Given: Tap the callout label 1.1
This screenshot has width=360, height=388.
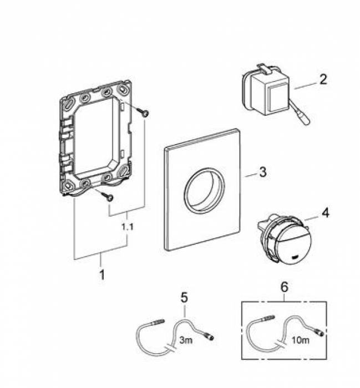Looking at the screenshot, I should pyautogui.click(x=128, y=226).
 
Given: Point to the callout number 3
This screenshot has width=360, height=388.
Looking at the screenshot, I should pyautogui.click(x=263, y=172).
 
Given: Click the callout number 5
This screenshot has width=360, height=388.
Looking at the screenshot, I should pyautogui.click(x=183, y=298).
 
